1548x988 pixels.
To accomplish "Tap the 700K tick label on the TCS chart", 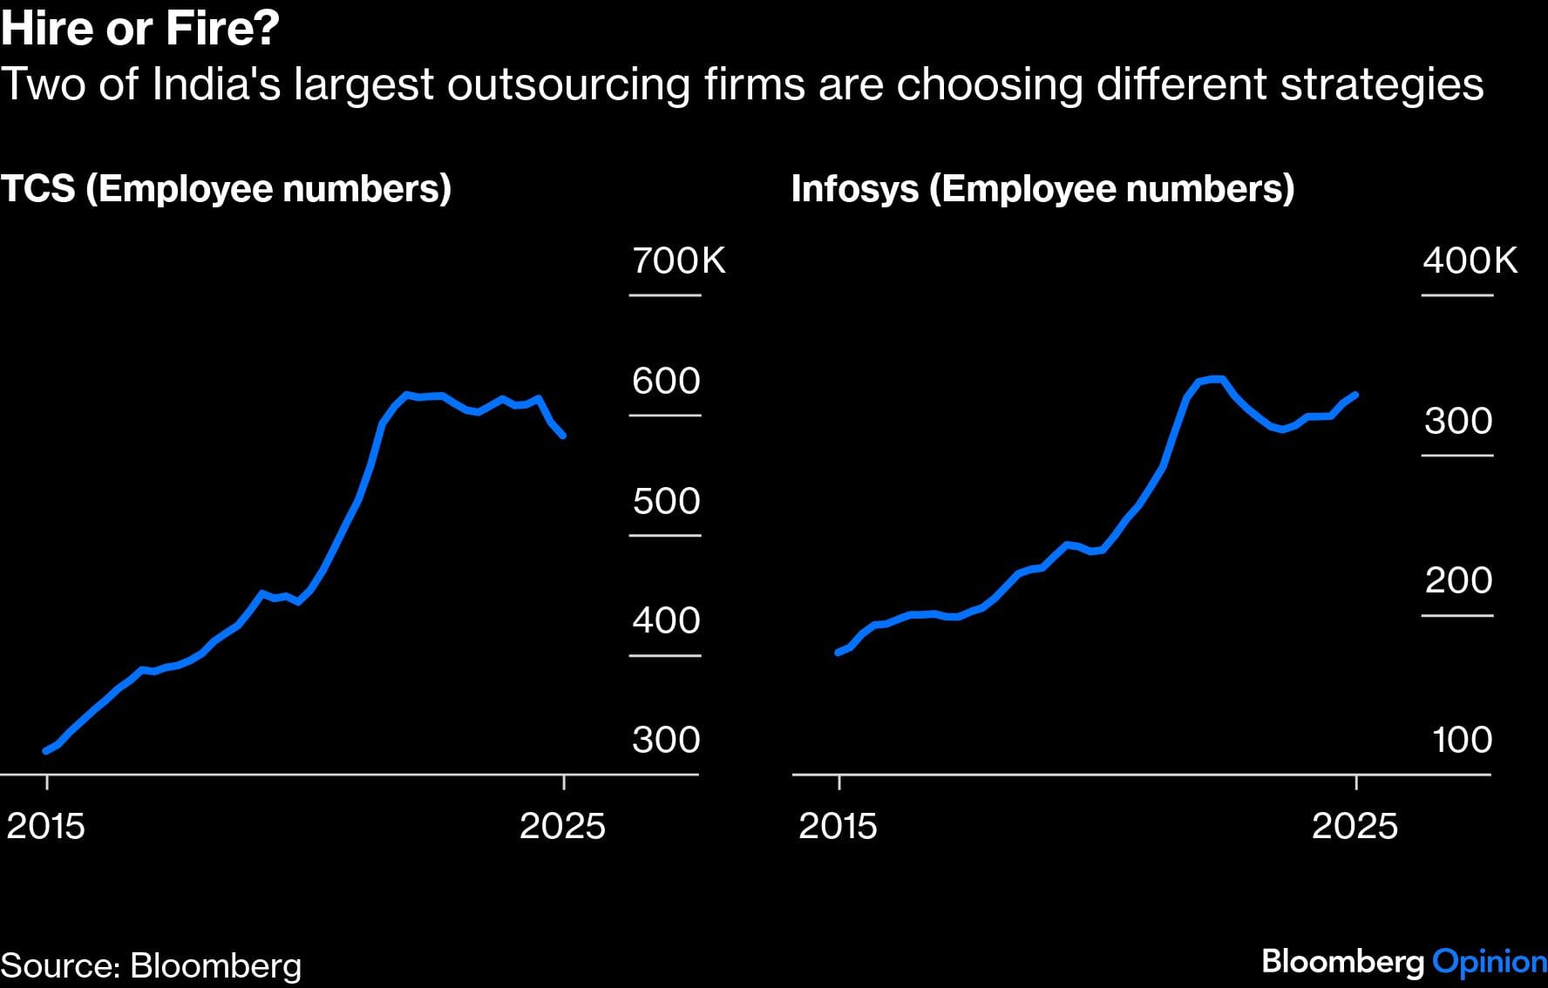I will [678, 261].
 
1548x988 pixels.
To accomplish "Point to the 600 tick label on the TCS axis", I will [666, 381].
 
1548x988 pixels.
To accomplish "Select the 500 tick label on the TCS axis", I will [666, 501].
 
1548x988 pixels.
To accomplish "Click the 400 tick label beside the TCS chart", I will [666, 620].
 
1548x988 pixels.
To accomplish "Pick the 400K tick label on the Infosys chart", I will [1470, 261].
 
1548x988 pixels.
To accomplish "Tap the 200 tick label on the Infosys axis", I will [1458, 580].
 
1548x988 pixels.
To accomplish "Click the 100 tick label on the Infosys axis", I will [1462, 740].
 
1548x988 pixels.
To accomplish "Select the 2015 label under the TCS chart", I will [46, 826].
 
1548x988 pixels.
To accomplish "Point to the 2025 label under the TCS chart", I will [562, 826].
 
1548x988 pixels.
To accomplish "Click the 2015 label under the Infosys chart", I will [838, 826].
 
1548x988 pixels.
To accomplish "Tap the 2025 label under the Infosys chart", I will [1354, 826].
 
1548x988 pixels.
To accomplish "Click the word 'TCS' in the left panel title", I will [37, 189].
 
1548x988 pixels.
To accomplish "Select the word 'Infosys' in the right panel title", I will [854, 189].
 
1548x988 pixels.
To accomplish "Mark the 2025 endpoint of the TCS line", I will [564, 436].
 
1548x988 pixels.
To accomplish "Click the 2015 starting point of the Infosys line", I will [838, 652].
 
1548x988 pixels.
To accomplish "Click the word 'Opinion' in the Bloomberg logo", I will [1490, 961].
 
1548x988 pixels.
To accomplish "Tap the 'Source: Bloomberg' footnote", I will [151, 965].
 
